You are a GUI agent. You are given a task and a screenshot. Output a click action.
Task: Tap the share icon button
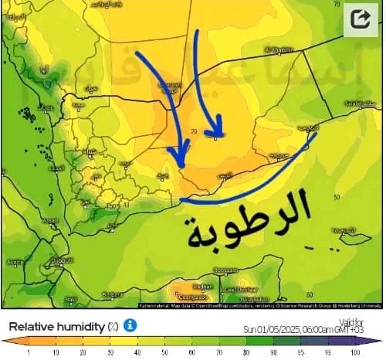(360, 18)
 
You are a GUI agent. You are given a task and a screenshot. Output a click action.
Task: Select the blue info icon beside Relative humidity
(130, 325)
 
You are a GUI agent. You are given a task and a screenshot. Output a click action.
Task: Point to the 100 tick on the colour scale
(356, 352)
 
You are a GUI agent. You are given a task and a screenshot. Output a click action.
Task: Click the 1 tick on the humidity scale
(28, 352)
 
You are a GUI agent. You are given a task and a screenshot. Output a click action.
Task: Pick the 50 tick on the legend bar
(163, 352)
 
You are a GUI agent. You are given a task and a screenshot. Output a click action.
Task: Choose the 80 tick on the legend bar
(245, 352)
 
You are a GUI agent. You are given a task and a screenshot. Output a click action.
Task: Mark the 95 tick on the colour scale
(300, 352)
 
